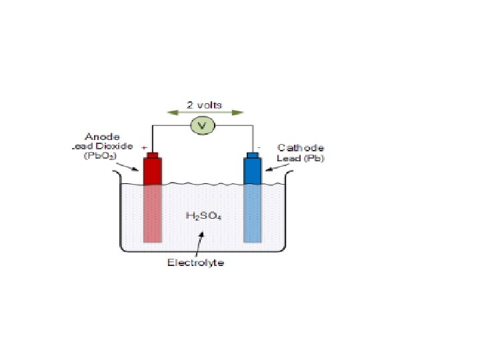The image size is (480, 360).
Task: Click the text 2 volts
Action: pyautogui.click(x=204, y=105)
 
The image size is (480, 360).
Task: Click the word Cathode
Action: pyautogui.click(x=300, y=148)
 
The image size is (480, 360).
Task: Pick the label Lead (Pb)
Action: pyautogui.click(x=300, y=158)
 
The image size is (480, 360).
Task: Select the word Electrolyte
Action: pyautogui.click(x=195, y=262)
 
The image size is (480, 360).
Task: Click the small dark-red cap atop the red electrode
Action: pyautogui.click(x=153, y=156)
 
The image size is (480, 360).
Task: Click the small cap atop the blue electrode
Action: pyautogui.click(x=253, y=156)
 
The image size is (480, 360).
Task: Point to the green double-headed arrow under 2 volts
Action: pyautogui.click(x=204, y=113)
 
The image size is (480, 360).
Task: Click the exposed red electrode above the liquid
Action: pyautogui.click(x=153, y=172)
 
